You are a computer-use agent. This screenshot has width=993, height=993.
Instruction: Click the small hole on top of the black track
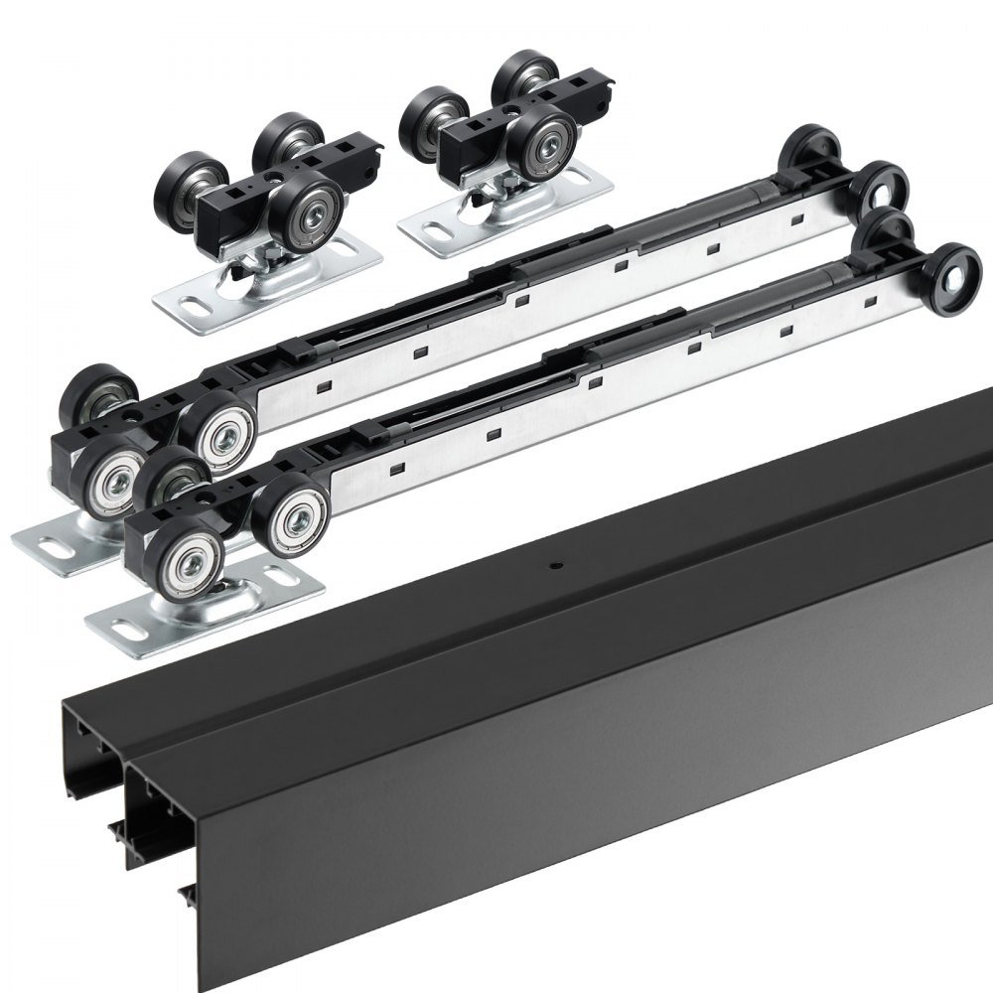(555, 568)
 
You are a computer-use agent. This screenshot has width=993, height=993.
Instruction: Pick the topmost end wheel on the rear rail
(813, 146)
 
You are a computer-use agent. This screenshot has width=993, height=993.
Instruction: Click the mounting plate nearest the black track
(204, 615)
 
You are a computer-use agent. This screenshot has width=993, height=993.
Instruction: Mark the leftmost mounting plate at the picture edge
(60, 541)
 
